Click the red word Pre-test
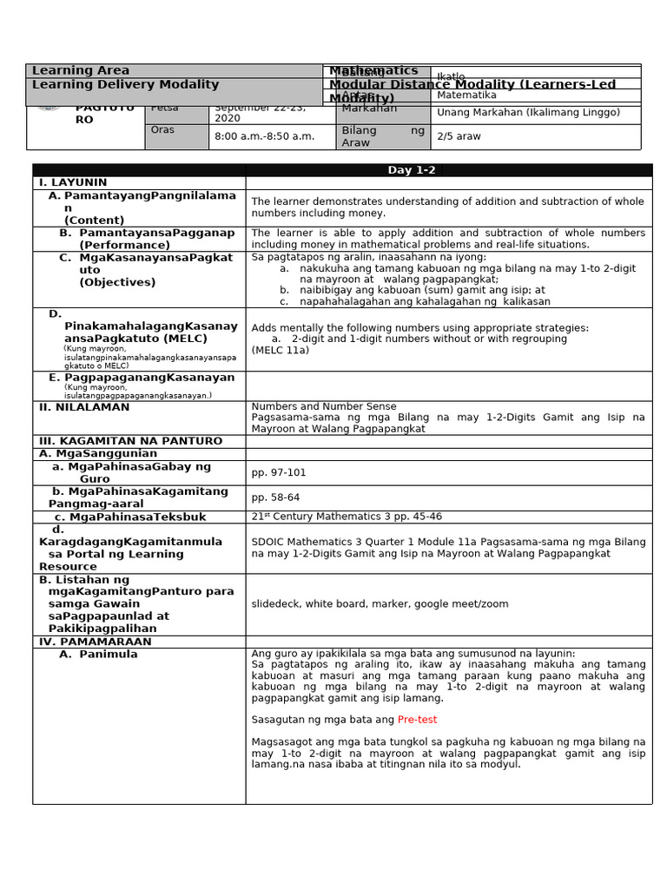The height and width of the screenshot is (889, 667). (x=417, y=720)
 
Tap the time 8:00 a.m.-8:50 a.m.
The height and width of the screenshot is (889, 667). (x=264, y=136)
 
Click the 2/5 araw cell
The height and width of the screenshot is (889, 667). (x=459, y=136)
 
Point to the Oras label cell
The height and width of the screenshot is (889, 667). (x=162, y=130)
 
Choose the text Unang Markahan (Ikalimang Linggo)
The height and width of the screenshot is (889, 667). (x=528, y=113)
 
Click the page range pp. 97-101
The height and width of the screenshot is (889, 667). (x=278, y=473)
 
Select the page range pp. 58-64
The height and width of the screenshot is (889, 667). (x=275, y=497)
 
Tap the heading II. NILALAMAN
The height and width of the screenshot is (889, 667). (x=83, y=407)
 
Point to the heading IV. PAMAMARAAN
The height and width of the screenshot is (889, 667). (x=95, y=642)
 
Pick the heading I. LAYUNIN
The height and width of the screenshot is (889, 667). (x=73, y=183)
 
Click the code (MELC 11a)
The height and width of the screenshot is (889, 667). (x=280, y=350)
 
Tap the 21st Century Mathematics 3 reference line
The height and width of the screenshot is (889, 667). (x=347, y=517)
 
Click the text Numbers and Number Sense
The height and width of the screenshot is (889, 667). (x=324, y=406)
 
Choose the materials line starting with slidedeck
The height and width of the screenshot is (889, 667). (x=380, y=604)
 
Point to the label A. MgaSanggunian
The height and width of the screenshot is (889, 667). (x=98, y=453)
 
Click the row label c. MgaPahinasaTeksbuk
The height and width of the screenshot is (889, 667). (x=130, y=517)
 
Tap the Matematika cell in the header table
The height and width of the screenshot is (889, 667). (x=466, y=95)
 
